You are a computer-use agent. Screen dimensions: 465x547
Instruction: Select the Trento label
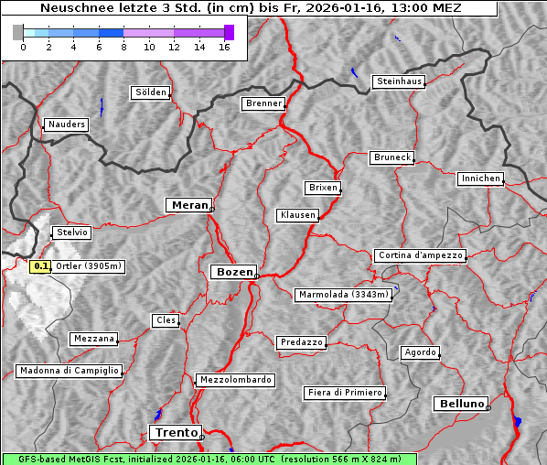pyautogui.click(x=174, y=433)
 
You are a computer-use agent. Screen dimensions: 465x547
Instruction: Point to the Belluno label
pyautogui.click(x=460, y=404)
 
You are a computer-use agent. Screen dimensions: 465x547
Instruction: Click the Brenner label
pyautogui.click(x=263, y=103)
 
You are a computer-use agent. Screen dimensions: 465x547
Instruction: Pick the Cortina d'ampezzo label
pyautogui.click(x=420, y=255)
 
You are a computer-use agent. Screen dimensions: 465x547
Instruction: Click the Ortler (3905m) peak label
pyautogui.click(x=88, y=266)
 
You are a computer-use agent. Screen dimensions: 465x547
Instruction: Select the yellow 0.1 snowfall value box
pyautogui.click(x=40, y=266)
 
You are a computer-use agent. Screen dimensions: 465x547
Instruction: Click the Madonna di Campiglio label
pyautogui.click(x=69, y=371)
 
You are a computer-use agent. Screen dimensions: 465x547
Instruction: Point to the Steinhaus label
pyautogui.click(x=399, y=81)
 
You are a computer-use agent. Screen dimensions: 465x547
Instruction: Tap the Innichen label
pyautogui.click(x=480, y=178)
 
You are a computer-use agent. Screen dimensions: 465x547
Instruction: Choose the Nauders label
pyautogui.click(x=65, y=124)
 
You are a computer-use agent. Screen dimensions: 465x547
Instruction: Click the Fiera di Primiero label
pyautogui.click(x=344, y=393)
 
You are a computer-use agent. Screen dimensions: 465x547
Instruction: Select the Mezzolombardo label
pyautogui.click(x=233, y=379)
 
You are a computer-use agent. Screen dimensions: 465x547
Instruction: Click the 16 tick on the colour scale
pyautogui.click(x=224, y=48)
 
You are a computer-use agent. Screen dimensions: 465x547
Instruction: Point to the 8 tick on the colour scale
pyautogui.click(x=123, y=48)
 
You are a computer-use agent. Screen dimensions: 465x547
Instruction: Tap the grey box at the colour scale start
pyautogui.click(x=18, y=32)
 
